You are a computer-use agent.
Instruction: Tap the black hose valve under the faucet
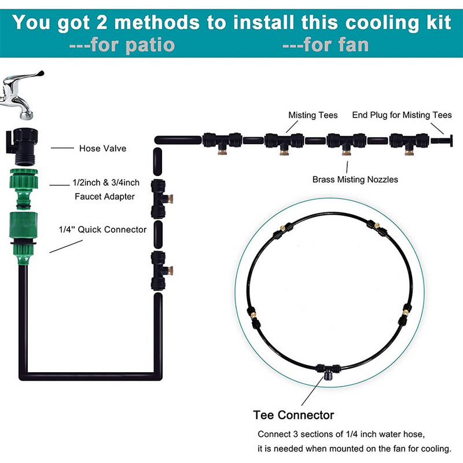22,146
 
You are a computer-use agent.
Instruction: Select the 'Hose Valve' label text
102,148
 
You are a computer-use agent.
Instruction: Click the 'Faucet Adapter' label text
105,196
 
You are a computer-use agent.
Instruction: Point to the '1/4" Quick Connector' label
102,229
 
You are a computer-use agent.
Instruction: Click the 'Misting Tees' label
313,115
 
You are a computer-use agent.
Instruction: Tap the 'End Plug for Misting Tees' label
402,115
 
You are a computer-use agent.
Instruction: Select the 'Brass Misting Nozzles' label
355,179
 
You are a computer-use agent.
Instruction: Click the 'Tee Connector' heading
293,415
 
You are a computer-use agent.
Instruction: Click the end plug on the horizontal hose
442,140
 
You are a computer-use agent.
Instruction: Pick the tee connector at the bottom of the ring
328,371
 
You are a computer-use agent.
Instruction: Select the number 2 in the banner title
102,23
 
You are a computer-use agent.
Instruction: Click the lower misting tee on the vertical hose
161,271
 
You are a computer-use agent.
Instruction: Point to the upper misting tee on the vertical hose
161,199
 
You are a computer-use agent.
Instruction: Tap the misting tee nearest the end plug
409,143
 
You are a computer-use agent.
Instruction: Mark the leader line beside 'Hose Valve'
63,148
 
